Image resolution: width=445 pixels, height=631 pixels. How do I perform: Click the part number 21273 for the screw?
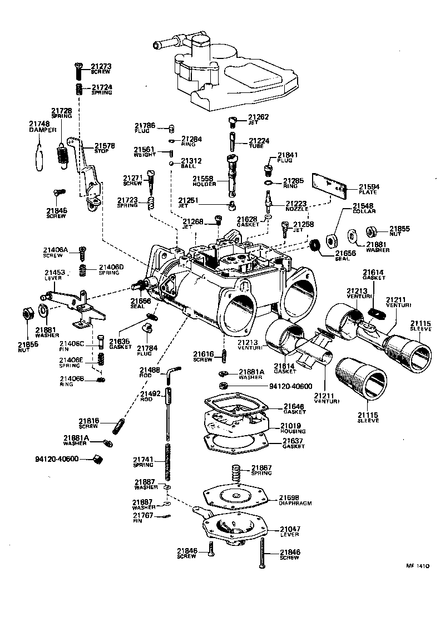pyautogui.click(x=101, y=66)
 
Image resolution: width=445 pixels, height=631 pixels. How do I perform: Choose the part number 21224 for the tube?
pyautogui.click(x=259, y=141)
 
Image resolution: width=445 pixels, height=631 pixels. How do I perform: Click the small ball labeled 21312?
pyautogui.click(x=172, y=164)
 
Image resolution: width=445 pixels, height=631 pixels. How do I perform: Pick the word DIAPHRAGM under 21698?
pyautogui.click(x=295, y=502)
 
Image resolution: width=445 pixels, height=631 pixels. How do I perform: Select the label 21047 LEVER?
pyautogui.click(x=289, y=531)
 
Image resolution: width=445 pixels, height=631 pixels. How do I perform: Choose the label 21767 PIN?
pyautogui.click(x=143, y=517)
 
